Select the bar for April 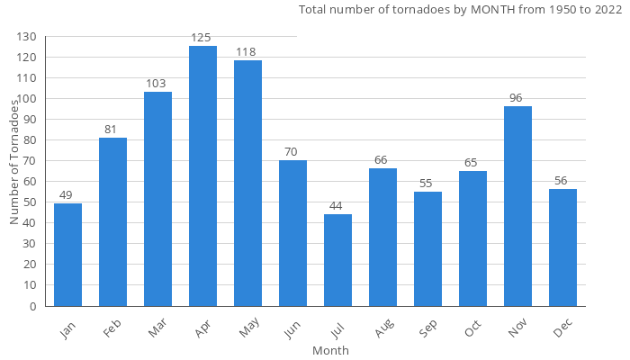pos(202,176)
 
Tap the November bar pos(517,206)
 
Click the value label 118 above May pos(246,52)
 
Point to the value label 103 pos(156,84)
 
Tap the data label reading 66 pos(381,160)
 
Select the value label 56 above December pos(561,181)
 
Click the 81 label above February pos(111,130)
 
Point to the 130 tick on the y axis pos(26,37)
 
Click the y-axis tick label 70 pos(30,161)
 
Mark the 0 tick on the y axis pos(33,306)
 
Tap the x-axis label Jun pos(292,329)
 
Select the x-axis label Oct pos(472,329)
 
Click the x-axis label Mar pos(157,330)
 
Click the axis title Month pos(330,350)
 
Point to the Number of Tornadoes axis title pos(14,162)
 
